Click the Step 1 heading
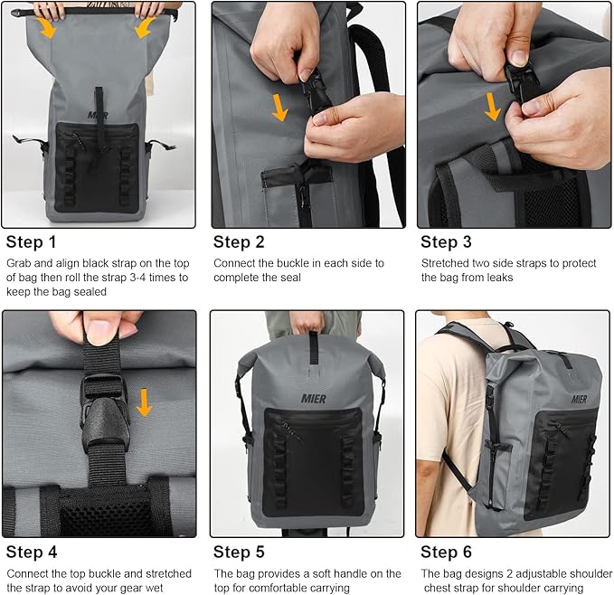[32, 241]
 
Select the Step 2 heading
[239, 241]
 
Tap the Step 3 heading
[447, 241]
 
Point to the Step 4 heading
[32, 552]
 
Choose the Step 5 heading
[239, 552]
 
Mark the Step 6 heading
[447, 552]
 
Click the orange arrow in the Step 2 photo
[280, 108]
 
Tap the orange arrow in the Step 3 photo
[492, 106]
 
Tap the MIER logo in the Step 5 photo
[313, 399]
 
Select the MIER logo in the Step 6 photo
[579, 399]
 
